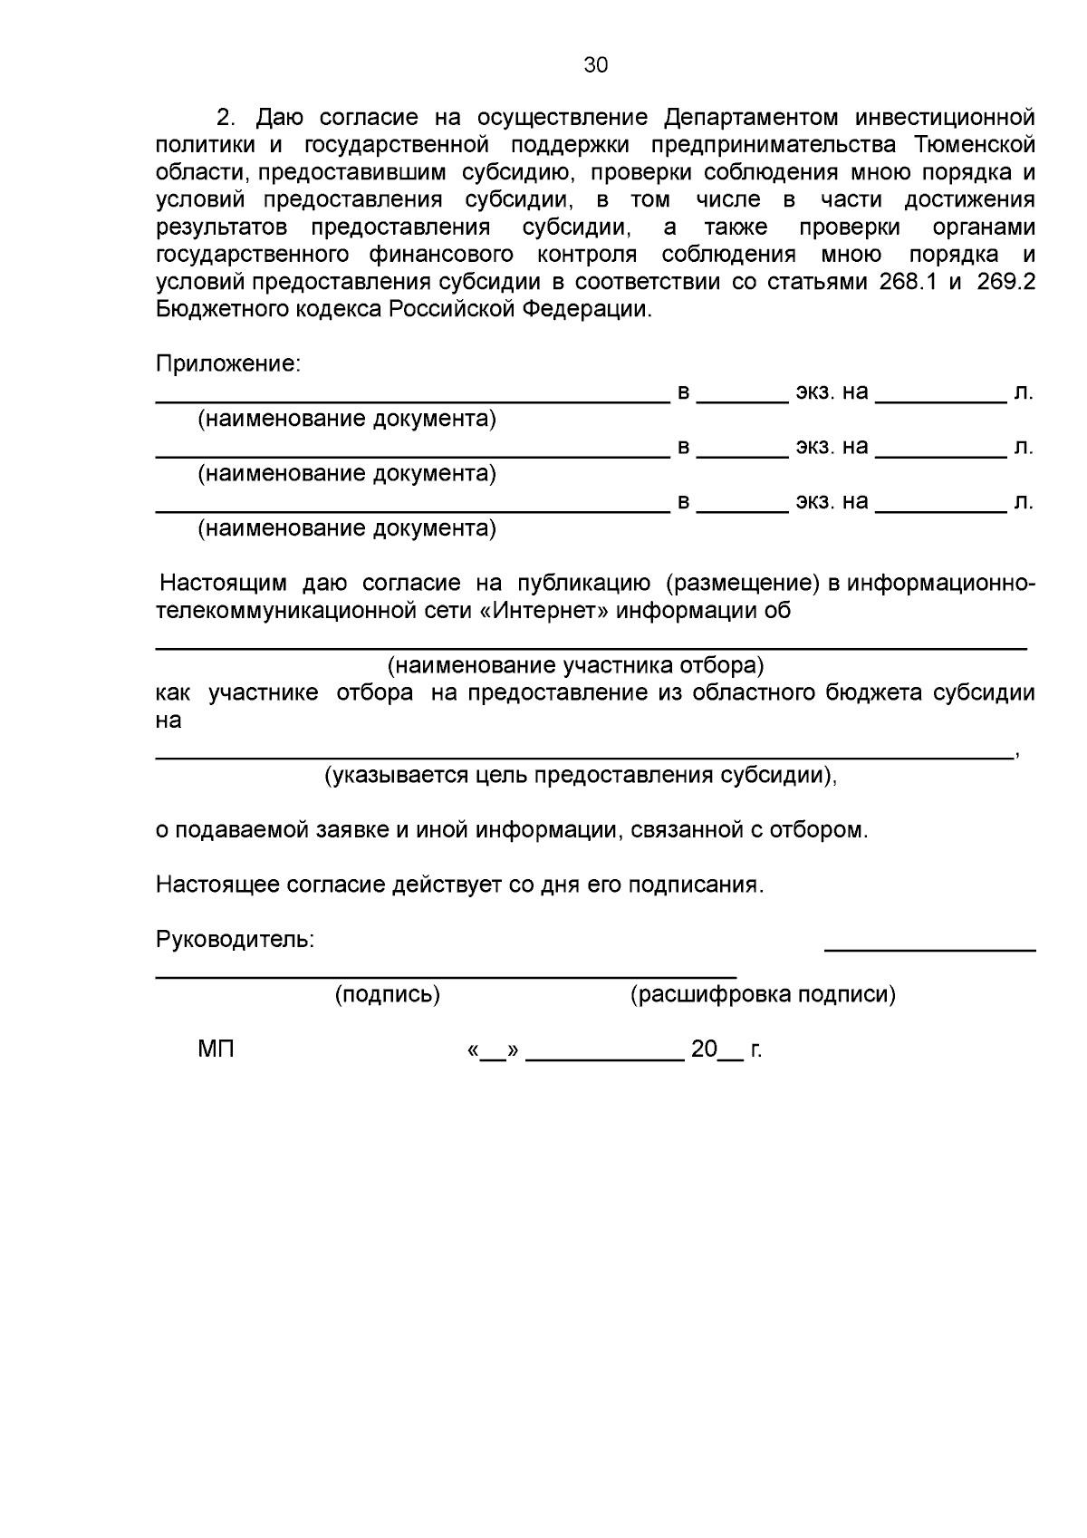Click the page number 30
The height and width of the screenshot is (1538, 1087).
pos(596,65)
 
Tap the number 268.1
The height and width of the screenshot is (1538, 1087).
pos(909,282)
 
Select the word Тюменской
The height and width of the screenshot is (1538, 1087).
pos(975,145)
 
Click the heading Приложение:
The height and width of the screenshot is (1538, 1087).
pos(227,364)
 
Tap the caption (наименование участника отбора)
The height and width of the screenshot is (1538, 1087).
pos(576,666)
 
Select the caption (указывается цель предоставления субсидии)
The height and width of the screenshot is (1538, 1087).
pos(581,776)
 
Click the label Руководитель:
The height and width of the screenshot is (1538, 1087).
pos(235,940)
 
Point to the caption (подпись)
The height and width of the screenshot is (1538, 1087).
pos(388,995)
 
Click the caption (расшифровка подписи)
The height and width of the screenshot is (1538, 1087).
pos(763,995)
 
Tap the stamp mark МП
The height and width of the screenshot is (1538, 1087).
pos(216,1050)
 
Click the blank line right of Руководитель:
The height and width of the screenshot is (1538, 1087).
pos(929,948)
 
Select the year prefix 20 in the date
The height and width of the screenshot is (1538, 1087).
pos(703,1050)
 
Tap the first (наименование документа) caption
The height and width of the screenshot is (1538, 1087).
pos(347,420)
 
